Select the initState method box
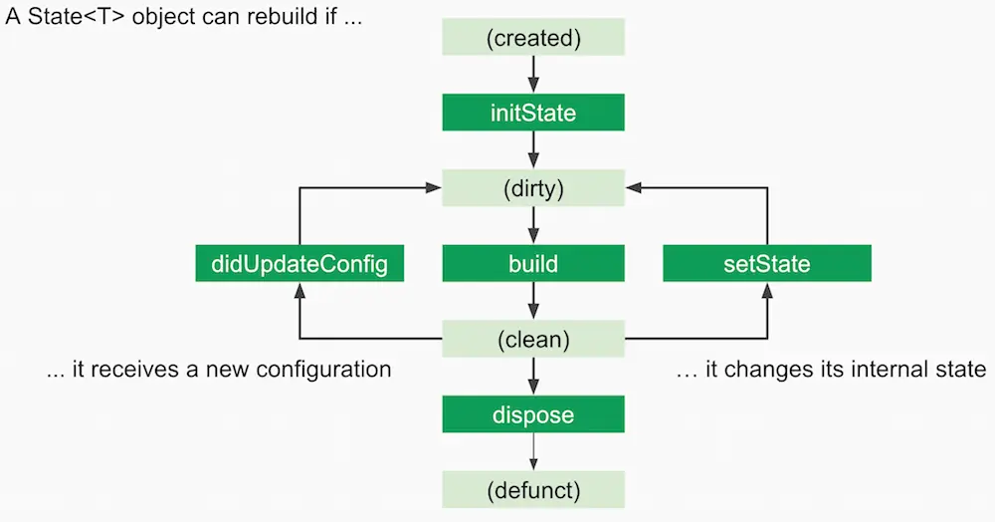coord(533,113)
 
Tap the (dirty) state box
coord(533,188)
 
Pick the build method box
coord(533,264)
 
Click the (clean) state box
coord(533,339)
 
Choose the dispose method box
coord(533,414)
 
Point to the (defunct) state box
coord(533,490)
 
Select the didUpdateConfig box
coord(299,264)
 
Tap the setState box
coord(767,264)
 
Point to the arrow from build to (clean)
coord(533,301)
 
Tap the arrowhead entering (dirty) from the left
coord(435,187)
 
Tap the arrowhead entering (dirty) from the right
coord(633,187)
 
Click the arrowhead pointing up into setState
coord(767,289)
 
